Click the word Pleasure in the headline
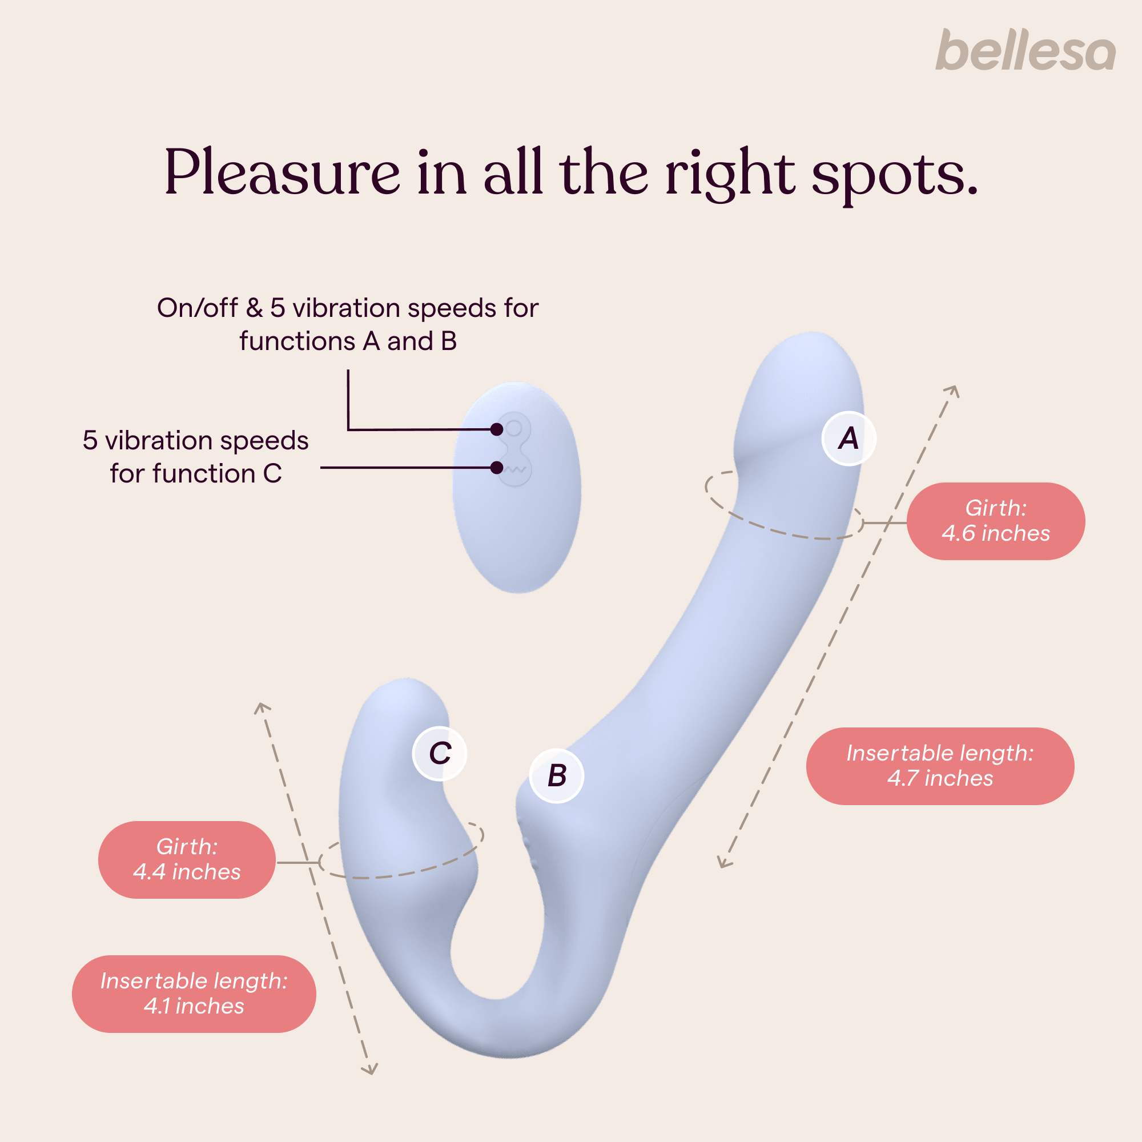(282, 172)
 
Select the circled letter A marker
(849, 439)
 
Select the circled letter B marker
(556, 775)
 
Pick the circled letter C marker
(440, 754)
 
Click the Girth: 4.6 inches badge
(995, 521)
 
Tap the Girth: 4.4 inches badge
(187, 859)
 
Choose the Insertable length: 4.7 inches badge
(940, 766)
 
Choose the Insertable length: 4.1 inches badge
(194, 994)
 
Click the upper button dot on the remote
(497, 429)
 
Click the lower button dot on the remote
(497, 468)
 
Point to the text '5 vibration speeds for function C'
(196, 457)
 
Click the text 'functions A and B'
(348, 341)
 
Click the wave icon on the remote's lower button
(517, 470)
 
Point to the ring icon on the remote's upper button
(514, 427)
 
